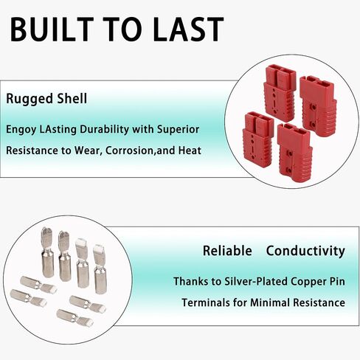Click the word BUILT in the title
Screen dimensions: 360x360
(x=52, y=30)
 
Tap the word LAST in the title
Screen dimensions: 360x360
(x=188, y=30)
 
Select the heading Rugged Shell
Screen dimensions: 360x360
(x=46, y=98)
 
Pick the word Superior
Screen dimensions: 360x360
(x=179, y=129)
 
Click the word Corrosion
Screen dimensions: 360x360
(x=129, y=150)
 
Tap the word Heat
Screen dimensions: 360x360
(x=190, y=150)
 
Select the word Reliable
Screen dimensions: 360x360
(x=227, y=251)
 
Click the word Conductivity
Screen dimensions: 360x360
(x=305, y=251)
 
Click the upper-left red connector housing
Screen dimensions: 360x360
(x=280, y=93)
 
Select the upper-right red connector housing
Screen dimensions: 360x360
(x=318, y=105)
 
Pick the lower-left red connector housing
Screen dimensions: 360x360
(x=258, y=139)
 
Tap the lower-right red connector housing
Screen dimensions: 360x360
(x=294, y=153)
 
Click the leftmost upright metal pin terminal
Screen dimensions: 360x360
(x=47, y=252)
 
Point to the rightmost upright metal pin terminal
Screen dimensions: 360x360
(x=100, y=269)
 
